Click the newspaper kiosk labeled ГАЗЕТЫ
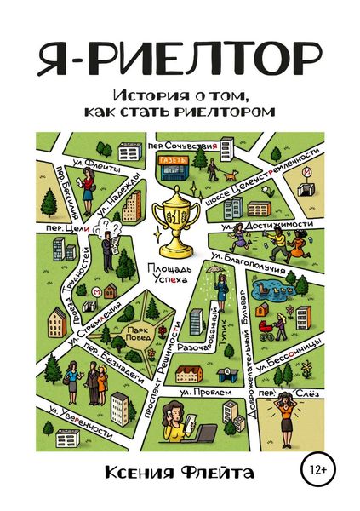177,164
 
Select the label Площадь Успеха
180,272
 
